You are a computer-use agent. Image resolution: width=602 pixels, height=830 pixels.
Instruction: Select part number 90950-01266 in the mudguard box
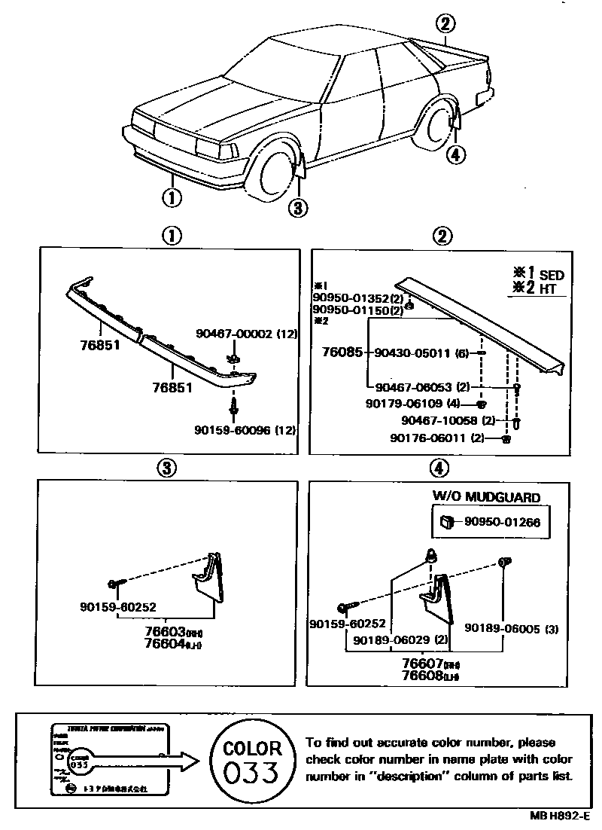[x=502, y=520]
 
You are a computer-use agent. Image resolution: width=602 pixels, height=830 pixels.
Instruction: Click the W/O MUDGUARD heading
[x=486, y=496]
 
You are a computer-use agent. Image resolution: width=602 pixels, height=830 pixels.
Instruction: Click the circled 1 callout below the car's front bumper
[x=172, y=199]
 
